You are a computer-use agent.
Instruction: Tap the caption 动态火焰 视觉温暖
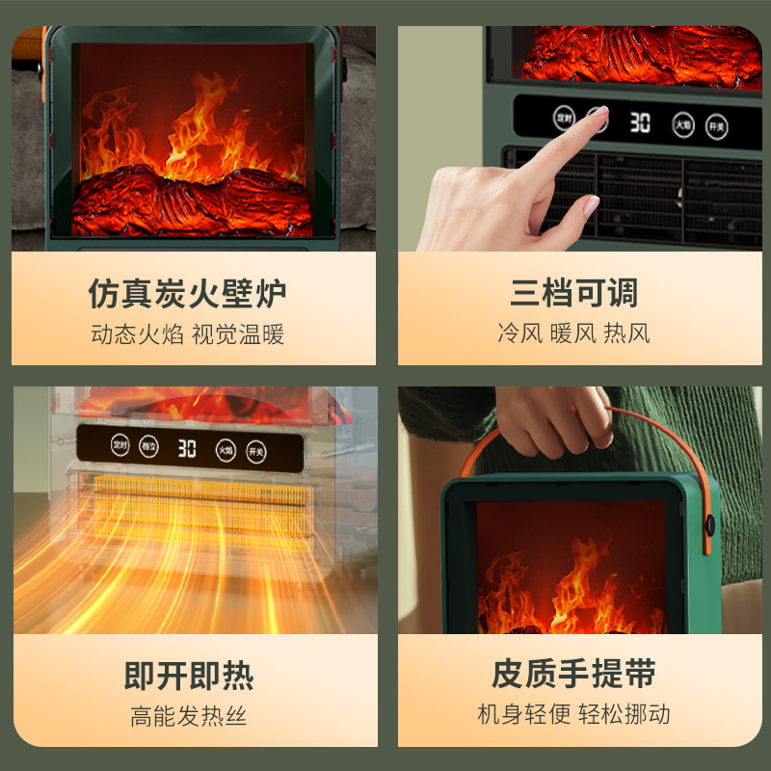click(x=188, y=334)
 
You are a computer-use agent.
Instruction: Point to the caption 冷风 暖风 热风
click(x=574, y=334)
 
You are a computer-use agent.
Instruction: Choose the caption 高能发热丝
click(x=189, y=716)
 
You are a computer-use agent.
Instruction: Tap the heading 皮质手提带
click(x=574, y=674)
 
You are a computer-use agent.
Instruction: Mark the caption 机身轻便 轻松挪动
click(x=574, y=714)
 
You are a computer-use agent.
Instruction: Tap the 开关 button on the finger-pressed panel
click(x=715, y=125)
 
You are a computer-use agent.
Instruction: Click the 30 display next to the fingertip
click(x=640, y=122)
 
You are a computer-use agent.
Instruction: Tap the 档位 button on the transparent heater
click(x=149, y=447)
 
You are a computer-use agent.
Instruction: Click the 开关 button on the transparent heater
click(x=255, y=450)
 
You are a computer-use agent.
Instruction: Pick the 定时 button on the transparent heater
click(x=120, y=446)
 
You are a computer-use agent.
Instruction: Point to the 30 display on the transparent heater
click(x=187, y=448)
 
